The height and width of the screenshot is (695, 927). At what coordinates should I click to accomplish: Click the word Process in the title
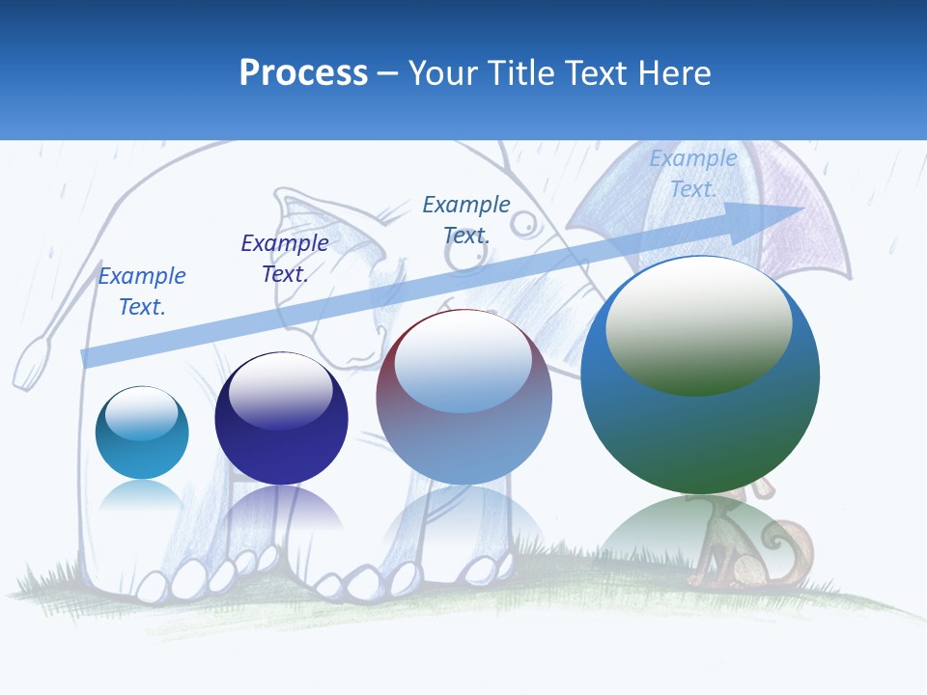[x=303, y=72]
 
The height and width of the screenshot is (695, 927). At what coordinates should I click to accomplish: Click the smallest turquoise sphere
[x=142, y=432]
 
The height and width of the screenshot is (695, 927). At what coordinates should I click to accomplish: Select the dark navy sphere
[x=281, y=419]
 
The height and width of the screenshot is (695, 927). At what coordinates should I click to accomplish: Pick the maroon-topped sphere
[x=463, y=397]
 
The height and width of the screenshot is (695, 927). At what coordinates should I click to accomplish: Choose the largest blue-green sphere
[x=700, y=375]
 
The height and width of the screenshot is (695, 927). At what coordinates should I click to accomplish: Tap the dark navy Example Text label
[x=285, y=258]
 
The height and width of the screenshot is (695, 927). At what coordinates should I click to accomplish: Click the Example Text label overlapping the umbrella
[x=692, y=174]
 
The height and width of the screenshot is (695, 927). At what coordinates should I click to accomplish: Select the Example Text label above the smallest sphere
[x=142, y=291]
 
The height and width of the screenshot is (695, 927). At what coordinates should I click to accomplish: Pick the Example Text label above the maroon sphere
[x=466, y=219]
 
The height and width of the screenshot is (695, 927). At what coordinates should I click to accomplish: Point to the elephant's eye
[x=522, y=225]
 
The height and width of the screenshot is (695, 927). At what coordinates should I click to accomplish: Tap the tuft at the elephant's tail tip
[x=31, y=362]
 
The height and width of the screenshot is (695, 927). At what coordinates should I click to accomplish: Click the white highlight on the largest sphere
[x=699, y=324]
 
